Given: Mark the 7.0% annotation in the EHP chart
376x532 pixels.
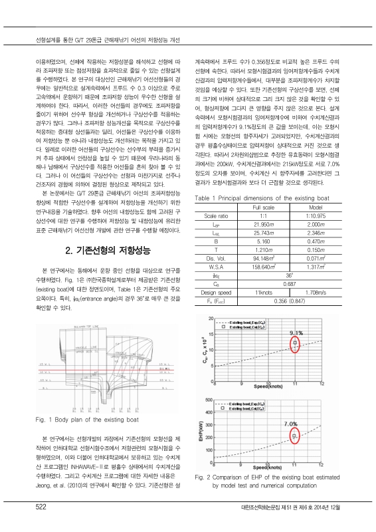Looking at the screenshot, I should pos(290,422).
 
